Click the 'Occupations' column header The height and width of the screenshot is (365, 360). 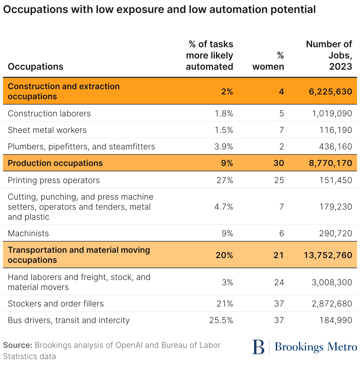tap(35, 66)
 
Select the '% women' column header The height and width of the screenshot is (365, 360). tap(268, 61)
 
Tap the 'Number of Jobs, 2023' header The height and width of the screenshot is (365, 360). tap(329, 55)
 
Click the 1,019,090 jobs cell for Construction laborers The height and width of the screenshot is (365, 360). tap(332, 113)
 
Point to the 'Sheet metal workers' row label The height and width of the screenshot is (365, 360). tap(47, 130)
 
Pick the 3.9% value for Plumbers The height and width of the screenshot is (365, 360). tap(224, 146)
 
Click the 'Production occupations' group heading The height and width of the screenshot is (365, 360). tap(55, 163)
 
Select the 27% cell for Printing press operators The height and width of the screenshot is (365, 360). tap(225, 180)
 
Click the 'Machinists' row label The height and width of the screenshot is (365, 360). tap(28, 233)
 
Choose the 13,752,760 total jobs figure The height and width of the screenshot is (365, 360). tap(328, 255)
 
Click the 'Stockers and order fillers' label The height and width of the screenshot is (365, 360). tap(56, 304)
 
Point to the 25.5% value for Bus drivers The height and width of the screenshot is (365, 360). tap(221, 320)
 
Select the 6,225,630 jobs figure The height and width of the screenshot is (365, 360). tap(330, 92)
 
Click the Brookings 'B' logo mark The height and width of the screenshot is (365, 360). tap(258, 347)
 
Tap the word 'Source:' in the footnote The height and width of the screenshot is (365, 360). tap(17, 345)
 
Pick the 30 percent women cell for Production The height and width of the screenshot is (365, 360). tap(279, 163)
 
